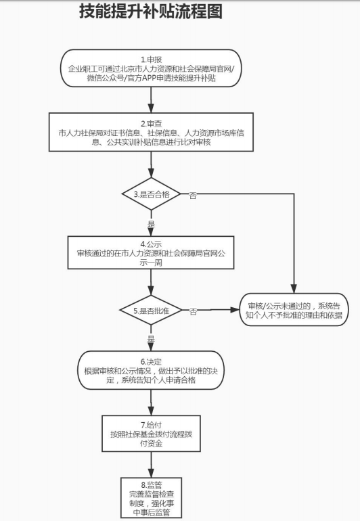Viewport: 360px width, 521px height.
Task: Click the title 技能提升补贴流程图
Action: (150, 12)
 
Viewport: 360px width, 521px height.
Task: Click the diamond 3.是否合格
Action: (151, 194)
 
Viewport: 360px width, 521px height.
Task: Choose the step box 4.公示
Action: (151, 252)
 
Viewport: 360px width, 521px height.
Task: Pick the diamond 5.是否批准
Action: (151, 311)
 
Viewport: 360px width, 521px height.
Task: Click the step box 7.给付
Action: (151, 433)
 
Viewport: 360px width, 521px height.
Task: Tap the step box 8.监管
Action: (151, 497)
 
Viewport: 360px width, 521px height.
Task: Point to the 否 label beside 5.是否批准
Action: (194, 312)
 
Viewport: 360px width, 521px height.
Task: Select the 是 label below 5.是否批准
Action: (151, 338)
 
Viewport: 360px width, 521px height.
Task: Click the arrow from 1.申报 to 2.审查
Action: (151, 100)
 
